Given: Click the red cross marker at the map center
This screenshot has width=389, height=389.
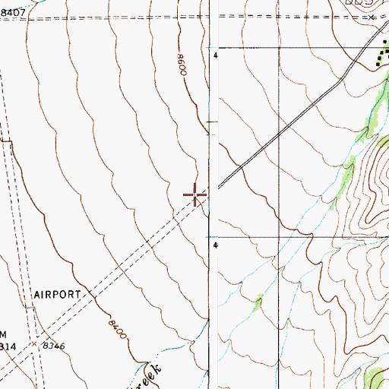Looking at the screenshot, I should click(195, 196).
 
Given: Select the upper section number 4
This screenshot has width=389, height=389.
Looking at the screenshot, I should click(216, 56).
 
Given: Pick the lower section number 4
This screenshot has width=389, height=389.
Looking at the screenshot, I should click(216, 245).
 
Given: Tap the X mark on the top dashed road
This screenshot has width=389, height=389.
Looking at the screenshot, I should click(372, 16).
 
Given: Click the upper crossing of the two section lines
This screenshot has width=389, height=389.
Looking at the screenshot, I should click(279, 47).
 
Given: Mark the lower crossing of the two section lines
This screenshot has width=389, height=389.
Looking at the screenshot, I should click(279, 236).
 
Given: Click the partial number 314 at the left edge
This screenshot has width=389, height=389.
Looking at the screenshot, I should click(9, 346).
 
